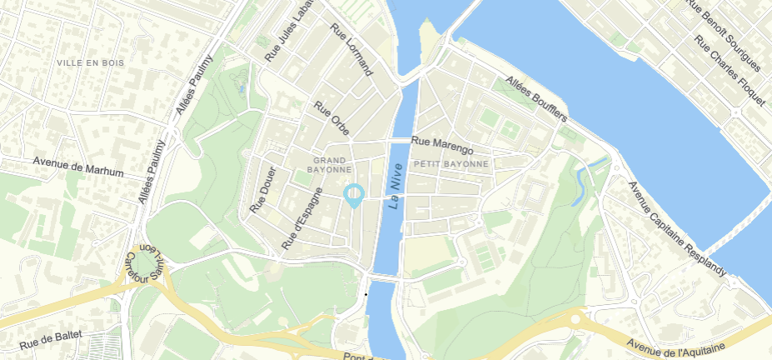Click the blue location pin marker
(354, 195)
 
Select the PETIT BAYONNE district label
(451, 164)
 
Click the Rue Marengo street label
(442, 146)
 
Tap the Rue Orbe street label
(331, 118)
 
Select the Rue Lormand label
(351, 49)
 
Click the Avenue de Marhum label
(78, 167)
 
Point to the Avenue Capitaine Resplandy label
(677, 229)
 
